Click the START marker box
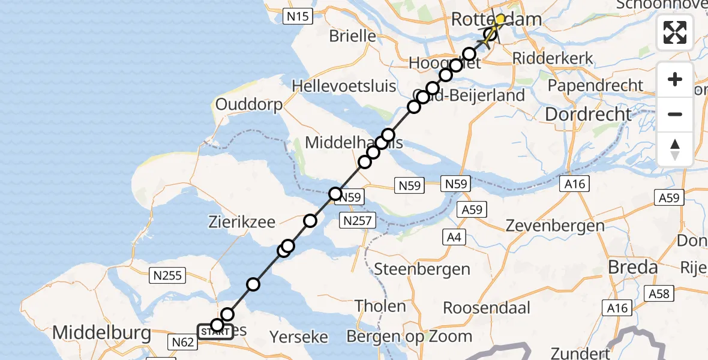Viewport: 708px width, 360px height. [x=214, y=331]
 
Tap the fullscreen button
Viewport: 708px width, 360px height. [x=675, y=32]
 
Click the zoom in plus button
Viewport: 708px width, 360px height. [x=675, y=79]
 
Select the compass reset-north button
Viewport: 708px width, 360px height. [x=675, y=149]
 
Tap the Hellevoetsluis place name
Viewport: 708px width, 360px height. [x=344, y=86]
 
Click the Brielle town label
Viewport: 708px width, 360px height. [x=353, y=36]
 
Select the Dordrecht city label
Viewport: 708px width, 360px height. [x=589, y=113]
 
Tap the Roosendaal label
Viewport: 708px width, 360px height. [x=487, y=308]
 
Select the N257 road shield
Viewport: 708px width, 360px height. [x=358, y=221]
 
